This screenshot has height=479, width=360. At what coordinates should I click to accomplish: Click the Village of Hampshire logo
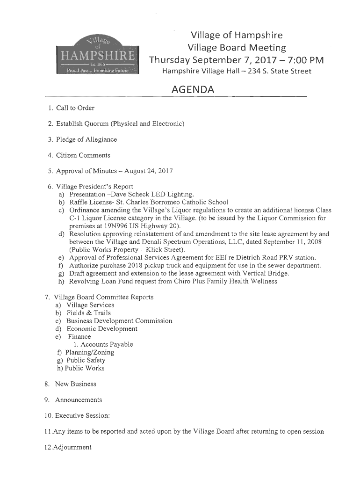pos(97,55)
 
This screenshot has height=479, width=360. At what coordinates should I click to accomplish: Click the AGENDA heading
pos(193,90)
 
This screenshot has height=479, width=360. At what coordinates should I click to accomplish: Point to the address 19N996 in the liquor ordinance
pos(110,226)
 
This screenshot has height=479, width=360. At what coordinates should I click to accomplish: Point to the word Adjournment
pos(73,447)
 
